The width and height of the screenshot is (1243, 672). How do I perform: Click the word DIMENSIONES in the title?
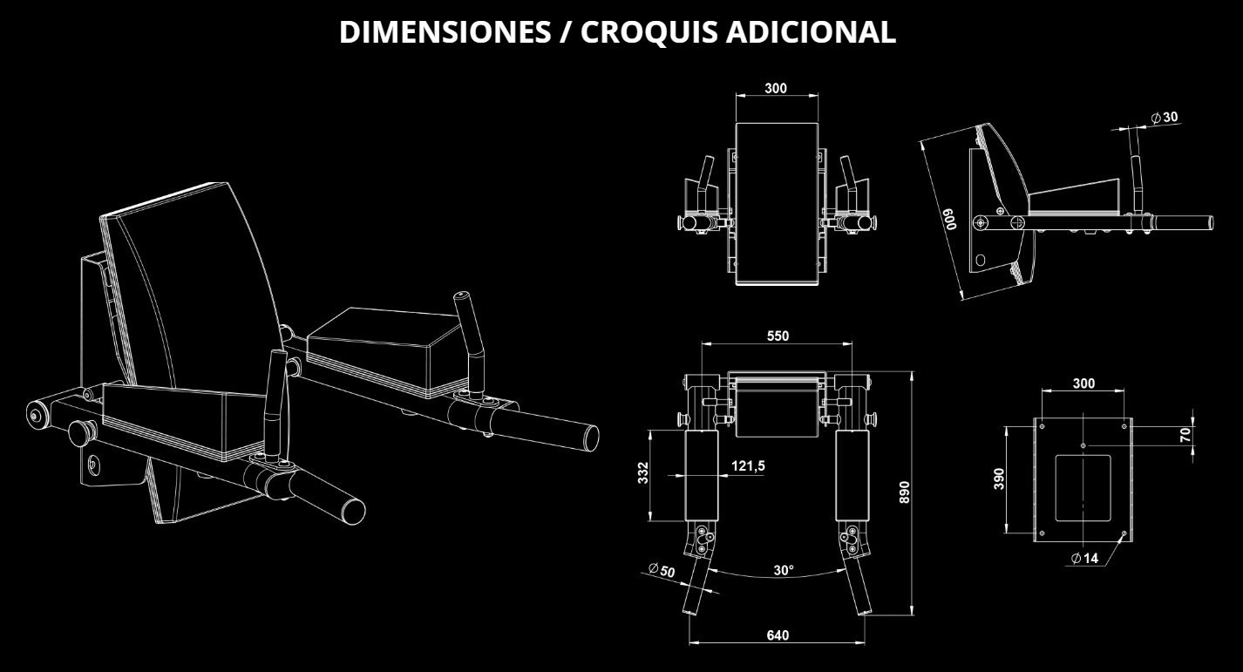point(445,31)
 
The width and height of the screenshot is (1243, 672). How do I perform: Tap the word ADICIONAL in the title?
point(811,31)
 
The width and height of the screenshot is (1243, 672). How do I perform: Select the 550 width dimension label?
point(778,336)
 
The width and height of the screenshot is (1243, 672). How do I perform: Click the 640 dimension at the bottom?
point(778,635)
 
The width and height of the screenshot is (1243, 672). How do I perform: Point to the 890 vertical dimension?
point(904,492)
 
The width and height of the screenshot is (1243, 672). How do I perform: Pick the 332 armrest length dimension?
point(642,472)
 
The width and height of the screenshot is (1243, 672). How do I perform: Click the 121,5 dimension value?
point(748,465)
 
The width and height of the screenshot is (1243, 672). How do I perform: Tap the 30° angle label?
point(784,570)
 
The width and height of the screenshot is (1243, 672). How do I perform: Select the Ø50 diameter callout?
point(662,570)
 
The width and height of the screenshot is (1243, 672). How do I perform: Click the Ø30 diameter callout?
point(1165,117)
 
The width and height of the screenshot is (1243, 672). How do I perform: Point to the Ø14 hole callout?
point(1085,558)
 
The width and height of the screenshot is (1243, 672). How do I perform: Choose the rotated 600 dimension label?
point(951,219)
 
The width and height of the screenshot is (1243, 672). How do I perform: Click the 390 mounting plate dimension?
point(999,479)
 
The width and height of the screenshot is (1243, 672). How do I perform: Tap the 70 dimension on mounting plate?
point(1185,435)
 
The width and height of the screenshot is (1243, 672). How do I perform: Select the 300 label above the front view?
point(775,88)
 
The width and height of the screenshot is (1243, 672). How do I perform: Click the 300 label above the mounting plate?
point(1083,384)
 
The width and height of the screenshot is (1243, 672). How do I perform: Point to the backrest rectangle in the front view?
point(777,204)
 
